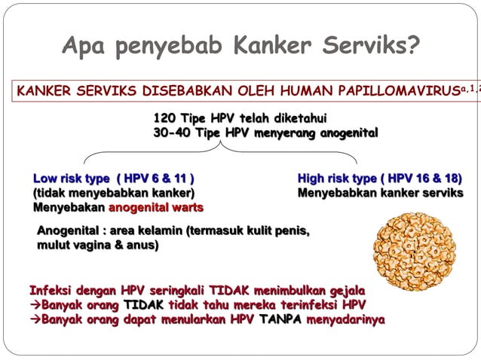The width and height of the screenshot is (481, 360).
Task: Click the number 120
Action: tap(165, 118)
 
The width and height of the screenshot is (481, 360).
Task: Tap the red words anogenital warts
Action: tap(156, 206)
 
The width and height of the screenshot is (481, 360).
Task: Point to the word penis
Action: tap(293, 230)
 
